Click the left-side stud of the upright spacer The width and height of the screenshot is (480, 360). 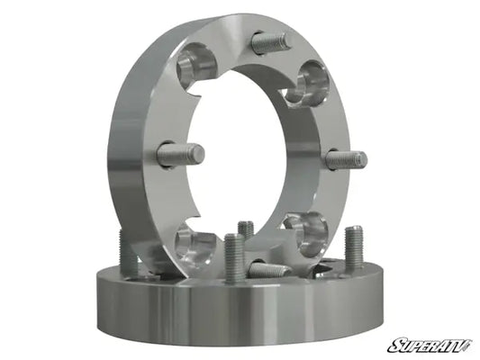coord(181,155)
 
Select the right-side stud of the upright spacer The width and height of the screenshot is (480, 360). coord(345,160)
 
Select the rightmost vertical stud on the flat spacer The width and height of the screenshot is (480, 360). coord(354,249)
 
